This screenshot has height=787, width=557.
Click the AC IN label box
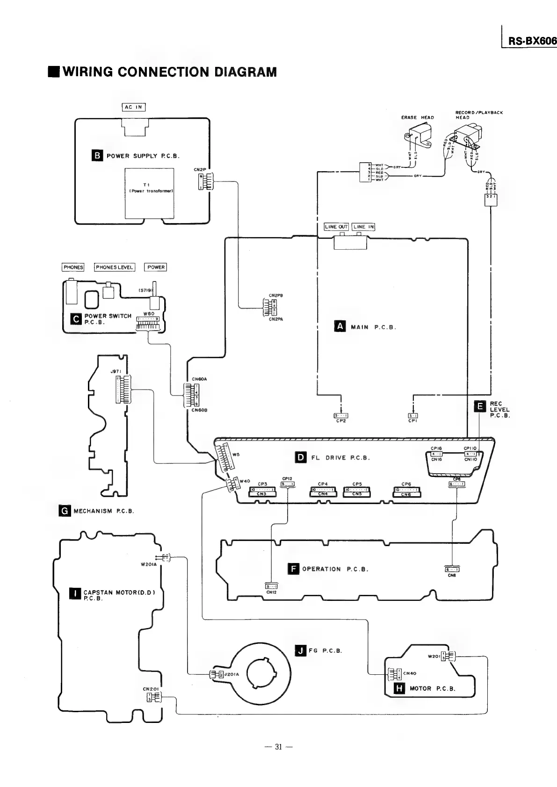click(x=134, y=107)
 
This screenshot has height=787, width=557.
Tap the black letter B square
click(x=97, y=155)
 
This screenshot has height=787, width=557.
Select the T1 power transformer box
click(x=149, y=193)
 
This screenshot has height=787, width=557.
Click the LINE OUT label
click(x=336, y=227)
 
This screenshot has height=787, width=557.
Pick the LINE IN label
click(x=363, y=227)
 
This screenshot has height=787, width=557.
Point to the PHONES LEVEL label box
click(x=115, y=267)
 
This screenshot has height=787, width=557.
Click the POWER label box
click(x=156, y=267)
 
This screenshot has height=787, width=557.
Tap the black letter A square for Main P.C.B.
click(x=340, y=326)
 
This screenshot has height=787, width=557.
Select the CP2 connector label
click(x=341, y=421)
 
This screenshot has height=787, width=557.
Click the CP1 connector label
click(x=413, y=421)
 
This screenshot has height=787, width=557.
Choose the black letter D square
click(x=301, y=457)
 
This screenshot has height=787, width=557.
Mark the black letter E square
click(x=480, y=406)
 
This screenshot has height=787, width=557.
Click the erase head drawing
click(x=417, y=135)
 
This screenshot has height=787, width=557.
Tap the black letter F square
click(x=293, y=569)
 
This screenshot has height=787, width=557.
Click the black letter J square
click(x=301, y=650)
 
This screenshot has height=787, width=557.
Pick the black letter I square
click(x=75, y=594)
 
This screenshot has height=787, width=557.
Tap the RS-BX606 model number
click(x=532, y=41)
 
